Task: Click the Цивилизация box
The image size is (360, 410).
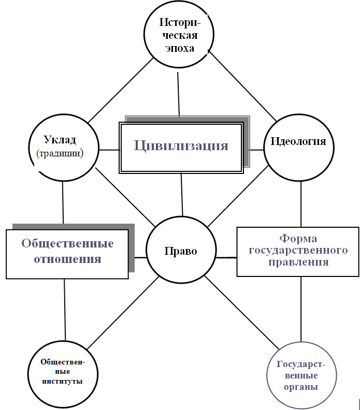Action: (x=181, y=148)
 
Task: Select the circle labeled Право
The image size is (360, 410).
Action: (x=181, y=250)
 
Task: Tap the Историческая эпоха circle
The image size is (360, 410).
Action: (x=179, y=34)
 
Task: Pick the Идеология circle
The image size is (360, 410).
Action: (x=299, y=148)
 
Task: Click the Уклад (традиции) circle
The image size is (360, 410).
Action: (x=64, y=148)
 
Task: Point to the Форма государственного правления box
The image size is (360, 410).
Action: (x=298, y=252)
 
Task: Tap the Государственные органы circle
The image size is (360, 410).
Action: (x=301, y=375)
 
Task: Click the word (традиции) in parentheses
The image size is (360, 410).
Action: (x=60, y=153)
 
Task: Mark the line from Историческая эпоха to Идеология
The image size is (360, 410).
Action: (x=243, y=86)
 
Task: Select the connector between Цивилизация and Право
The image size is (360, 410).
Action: (x=182, y=195)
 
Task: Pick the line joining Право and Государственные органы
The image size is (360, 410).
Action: (x=242, y=313)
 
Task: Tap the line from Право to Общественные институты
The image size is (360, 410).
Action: (x=123, y=313)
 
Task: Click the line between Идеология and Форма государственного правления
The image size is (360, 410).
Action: (x=301, y=204)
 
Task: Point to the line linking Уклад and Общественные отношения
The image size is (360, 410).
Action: (x=63, y=202)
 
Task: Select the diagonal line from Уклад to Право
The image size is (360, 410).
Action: (x=125, y=197)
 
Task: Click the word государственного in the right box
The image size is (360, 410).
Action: (x=298, y=250)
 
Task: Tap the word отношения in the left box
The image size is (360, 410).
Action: (x=67, y=259)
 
